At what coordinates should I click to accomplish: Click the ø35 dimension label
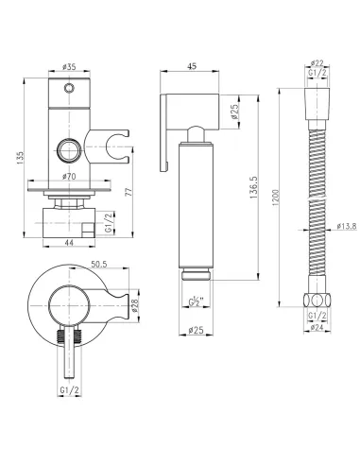point(69,67)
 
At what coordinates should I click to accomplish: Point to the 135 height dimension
point(20,158)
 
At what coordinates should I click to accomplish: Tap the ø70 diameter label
point(69,177)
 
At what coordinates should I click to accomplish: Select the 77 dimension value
point(129,191)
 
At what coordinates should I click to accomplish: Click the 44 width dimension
point(69,243)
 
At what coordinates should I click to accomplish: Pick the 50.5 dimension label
point(99,264)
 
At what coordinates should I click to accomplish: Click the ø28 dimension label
point(134,305)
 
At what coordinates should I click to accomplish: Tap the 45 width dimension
point(192,66)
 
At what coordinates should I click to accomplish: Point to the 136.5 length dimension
point(254,187)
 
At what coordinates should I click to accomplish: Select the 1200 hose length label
point(275,198)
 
